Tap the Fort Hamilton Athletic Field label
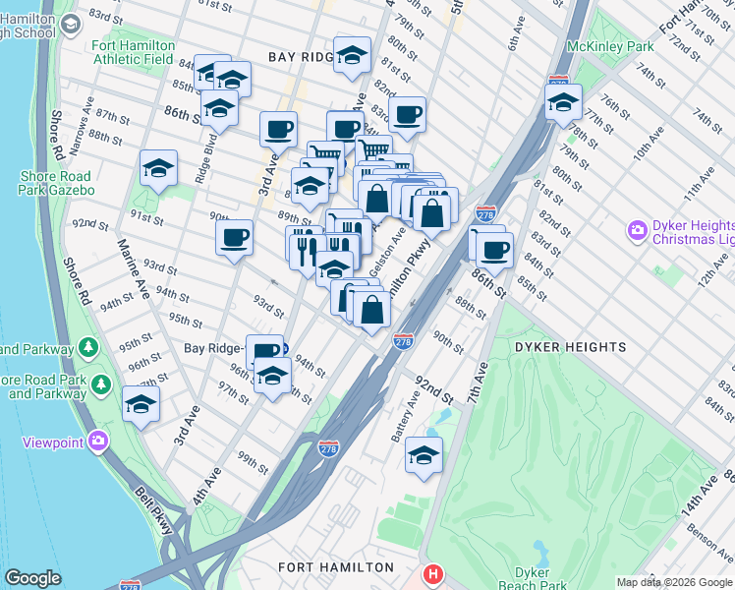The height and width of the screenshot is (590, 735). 134,52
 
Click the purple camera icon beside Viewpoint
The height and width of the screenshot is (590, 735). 97,442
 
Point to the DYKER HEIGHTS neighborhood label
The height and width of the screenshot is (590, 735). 570,347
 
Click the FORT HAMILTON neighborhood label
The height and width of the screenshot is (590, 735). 335,567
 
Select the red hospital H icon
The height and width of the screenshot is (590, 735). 431,573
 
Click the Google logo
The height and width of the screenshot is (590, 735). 32,578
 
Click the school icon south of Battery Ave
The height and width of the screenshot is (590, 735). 424,455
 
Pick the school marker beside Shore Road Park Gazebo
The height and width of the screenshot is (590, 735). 158,169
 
